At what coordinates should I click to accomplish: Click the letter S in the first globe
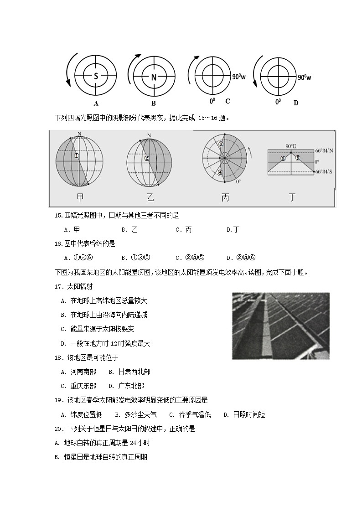point(96,77)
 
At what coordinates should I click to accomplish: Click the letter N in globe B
point(154,77)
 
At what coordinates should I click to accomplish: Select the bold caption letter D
point(295,103)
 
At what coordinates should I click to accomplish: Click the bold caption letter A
point(96,103)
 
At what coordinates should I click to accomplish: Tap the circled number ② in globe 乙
point(146,159)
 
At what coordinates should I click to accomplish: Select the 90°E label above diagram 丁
point(291,146)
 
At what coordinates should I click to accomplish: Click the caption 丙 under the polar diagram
point(225,197)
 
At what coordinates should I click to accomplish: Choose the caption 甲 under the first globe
point(80,197)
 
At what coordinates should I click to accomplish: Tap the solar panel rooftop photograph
point(280,326)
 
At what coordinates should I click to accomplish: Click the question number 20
point(58,429)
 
